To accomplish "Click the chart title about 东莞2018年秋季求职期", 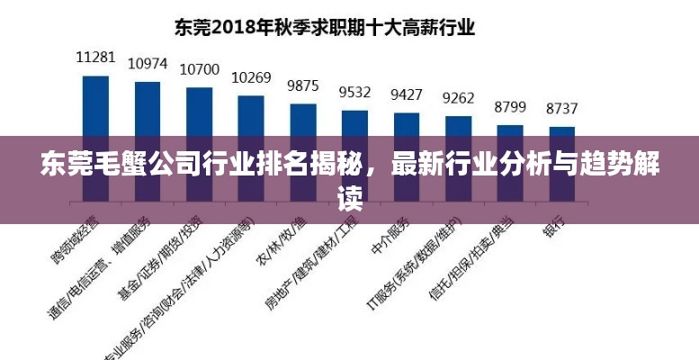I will [x=323, y=27].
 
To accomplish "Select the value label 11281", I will [x=95, y=57].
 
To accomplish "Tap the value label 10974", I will [x=148, y=63].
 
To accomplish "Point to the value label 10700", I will [x=199, y=68].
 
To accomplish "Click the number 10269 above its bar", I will [x=251, y=77].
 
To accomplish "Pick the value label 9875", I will [x=302, y=85].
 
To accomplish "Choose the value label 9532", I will [x=354, y=92].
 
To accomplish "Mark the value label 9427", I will [x=407, y=94].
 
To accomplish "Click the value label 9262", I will [x=458, y=98].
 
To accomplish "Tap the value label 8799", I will [x=510, y=107].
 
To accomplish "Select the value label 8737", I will [x=562, y=108].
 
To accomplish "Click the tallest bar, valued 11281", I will [x=95, y=103].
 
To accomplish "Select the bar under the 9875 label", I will [x=303, y=118].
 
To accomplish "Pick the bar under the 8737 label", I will [x=562, y=127].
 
